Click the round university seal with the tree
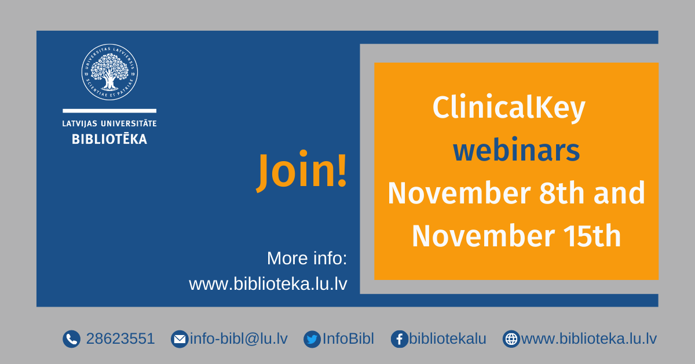click(109, 72)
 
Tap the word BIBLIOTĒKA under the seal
click(109, 139)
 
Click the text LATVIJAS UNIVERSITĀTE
click(109, 123)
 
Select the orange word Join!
click(301, 170)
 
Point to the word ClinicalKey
click(509, 107)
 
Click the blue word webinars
click(516, 150)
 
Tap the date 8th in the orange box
click(562, 193)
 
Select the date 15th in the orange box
click(592, 236)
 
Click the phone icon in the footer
click(71, 339)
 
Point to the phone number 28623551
click(120, 338)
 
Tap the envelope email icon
click(180, 339)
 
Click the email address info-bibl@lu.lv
click(239, 338)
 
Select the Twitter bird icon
click(312, 339)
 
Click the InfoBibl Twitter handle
click(348, 338)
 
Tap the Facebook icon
click(400, 339)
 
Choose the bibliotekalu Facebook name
click(447, 338)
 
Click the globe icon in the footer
click(511, 339)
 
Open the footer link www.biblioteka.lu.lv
click(589, 338)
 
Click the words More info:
click(307, 258)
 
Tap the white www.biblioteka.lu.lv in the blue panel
click(268, 284)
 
